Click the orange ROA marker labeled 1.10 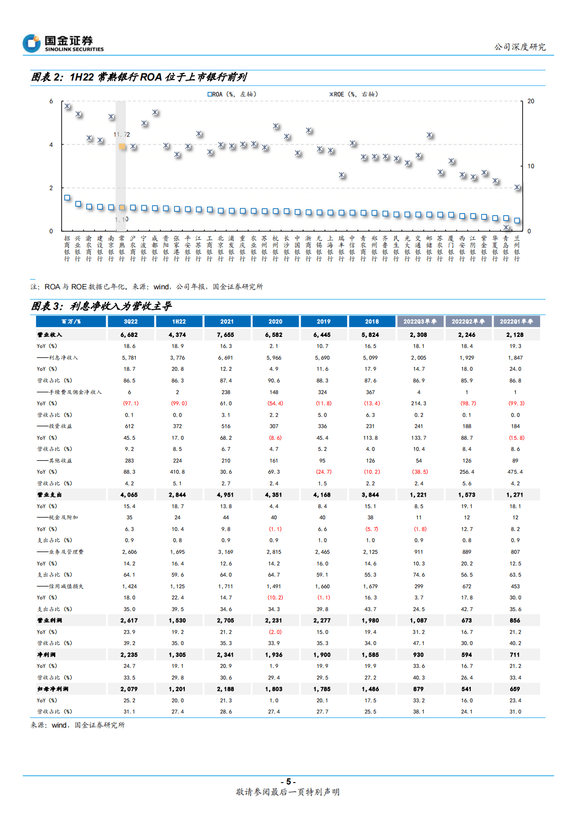coord(122,208)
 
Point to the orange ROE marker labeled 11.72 coord(122,146)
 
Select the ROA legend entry coord(232,94)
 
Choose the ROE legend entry coord(353,94)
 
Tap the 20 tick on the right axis coord(531,101)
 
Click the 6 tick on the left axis coord(51,101)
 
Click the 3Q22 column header coord(130,321)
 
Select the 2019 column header coord(323,321)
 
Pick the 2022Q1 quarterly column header coord(516,321)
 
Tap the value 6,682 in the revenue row coord(129,334)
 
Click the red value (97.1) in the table coord(130,403)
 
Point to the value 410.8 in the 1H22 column coord(177,472)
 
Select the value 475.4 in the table coord(515,472)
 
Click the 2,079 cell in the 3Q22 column coord(129,689)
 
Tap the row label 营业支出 coord(49,495)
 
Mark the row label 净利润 coord(47,654)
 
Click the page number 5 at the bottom coord(288,782)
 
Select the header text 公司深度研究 coord(520,47)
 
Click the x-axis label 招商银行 coord(67,249)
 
